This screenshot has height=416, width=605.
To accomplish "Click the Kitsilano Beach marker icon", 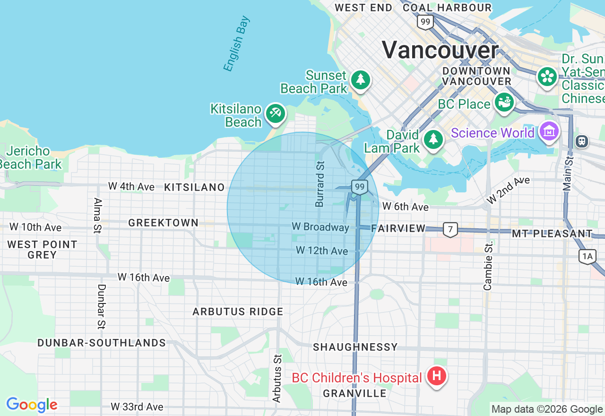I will pos(275,113).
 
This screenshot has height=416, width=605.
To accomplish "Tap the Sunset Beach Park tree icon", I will pos(361,79).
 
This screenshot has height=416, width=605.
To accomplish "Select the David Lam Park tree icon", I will pos(433,139).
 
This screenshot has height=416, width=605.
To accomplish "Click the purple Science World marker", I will pos(549,131).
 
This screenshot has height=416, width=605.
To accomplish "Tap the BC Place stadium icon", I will pos(504,102).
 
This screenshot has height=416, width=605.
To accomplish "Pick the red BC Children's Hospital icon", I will pos(437,377).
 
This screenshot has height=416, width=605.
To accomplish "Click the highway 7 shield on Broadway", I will pos(450,230).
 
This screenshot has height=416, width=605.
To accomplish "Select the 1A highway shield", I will pos(587,256).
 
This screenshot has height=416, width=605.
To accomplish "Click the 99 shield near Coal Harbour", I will pos(425,22).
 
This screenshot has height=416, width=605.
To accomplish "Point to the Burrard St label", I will pos(320,183).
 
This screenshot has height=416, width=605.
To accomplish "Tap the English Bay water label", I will pos(236,44).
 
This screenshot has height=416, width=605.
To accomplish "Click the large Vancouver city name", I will pos(440,50).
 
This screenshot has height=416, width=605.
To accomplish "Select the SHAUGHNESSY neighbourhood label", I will pos(355,347).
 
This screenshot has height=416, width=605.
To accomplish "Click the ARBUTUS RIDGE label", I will pos(238,312).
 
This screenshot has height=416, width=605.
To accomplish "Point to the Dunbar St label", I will pos(101,306).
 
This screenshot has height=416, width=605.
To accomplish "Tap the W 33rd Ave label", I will pos(137,407).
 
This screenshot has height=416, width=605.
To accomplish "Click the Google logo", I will pos(32,405).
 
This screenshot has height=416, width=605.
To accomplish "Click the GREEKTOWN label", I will pos(163,223).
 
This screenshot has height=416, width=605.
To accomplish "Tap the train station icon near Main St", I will pos(582,140).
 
